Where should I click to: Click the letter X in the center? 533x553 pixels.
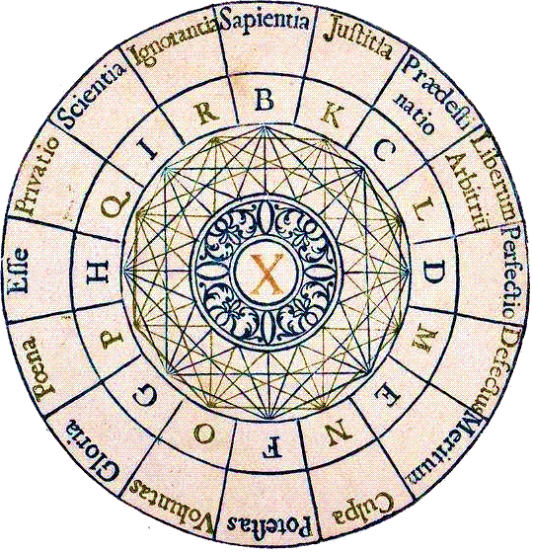point(267,275)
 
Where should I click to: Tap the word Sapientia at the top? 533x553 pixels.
point(265,20)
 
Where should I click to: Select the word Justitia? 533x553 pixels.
point(358,39)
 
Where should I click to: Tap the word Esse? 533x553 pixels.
point(19,271)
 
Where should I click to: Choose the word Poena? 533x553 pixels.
point(39,368)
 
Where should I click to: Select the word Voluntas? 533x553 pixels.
point(172,507)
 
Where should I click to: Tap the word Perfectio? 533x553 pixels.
point(515,275)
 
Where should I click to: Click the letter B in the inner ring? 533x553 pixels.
point(265,100)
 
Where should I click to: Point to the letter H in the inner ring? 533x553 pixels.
point(98,273)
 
